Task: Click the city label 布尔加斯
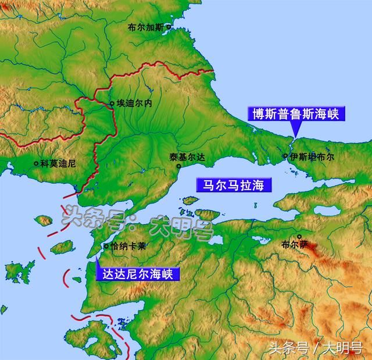click(146, 27)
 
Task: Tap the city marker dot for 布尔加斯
click(169, 27)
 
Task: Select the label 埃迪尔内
click(134, 104)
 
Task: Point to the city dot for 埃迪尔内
click(112, 104)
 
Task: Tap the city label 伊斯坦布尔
click(312, 156)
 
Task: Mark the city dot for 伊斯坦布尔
click(285, 156)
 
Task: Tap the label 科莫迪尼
click(58, 164)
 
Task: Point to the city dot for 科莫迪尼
click(36, 164)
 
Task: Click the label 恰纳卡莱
click(128, 246)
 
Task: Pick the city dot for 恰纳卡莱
click(106, 246)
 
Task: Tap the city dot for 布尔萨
click(299, 237)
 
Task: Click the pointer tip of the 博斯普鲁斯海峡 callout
click(295, 137)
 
